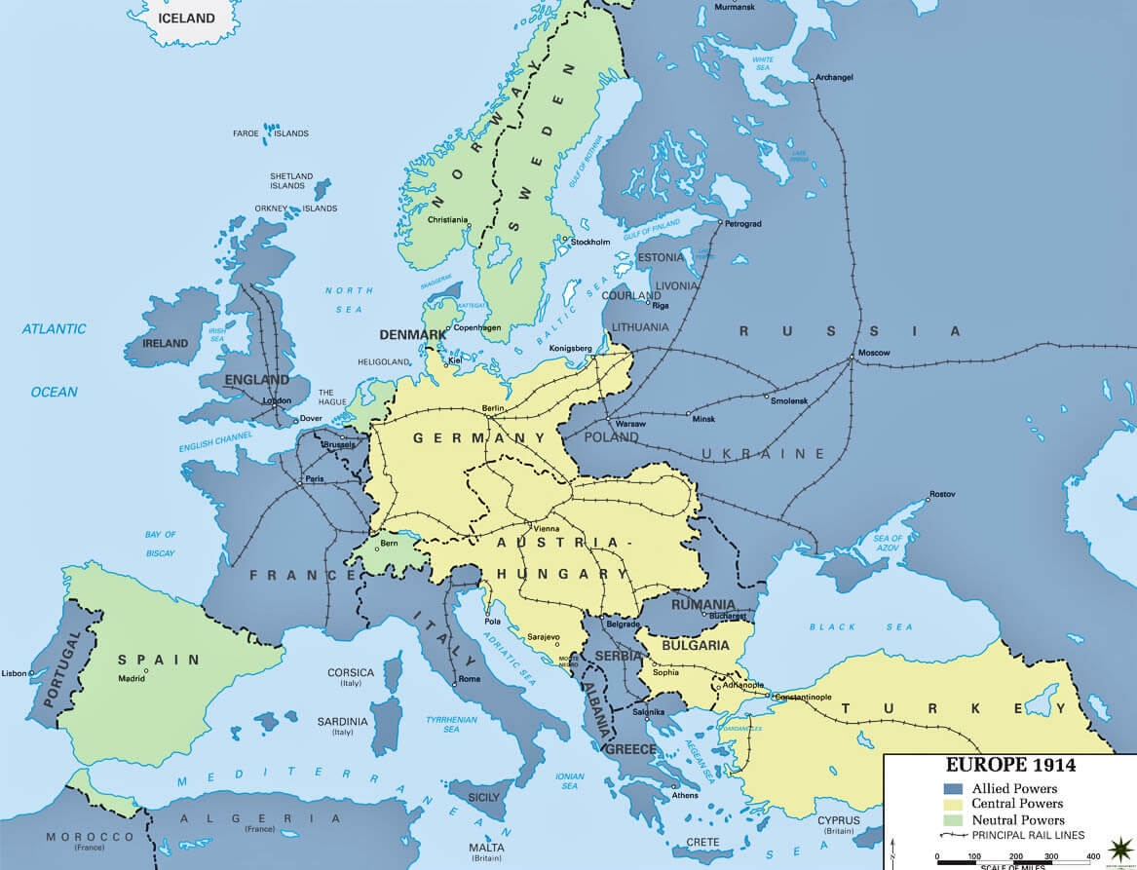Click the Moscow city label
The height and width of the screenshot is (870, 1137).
pos(874,352)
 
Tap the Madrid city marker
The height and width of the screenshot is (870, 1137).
pos(146,670)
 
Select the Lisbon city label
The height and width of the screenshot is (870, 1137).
pos(15,673)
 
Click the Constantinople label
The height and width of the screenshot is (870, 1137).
pos(804,698)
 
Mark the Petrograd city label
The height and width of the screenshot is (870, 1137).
pos(743,223)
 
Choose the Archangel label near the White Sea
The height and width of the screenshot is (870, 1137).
pos(835,77)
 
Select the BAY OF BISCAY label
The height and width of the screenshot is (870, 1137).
pos(160,544)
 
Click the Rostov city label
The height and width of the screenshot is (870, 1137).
pos(942,494)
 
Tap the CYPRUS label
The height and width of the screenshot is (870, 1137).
pos(839,819)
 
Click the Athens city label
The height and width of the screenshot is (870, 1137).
pos(685,795)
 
